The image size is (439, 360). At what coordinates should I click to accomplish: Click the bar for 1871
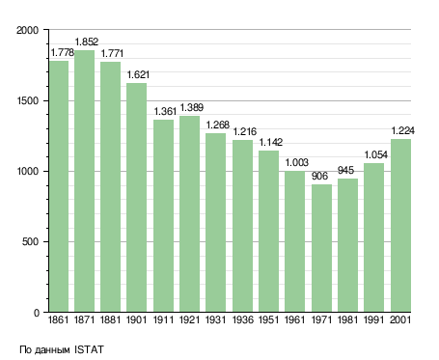point(85,181)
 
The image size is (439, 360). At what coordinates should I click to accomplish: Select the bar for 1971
point(321,248)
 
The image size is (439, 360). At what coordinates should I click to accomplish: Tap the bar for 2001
point(400,226)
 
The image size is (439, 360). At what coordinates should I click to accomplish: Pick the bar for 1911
point(163,216)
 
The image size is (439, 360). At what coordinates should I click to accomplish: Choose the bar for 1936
point(242,226)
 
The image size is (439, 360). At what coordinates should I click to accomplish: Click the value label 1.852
point(87,42)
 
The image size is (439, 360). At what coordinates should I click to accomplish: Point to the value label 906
point(319,176)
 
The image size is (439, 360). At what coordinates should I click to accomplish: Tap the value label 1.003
point(296,162)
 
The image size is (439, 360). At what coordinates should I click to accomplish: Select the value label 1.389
point(192,107)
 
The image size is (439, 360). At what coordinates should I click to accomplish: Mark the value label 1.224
point(402,130)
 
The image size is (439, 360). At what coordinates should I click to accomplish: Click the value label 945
point(345,170)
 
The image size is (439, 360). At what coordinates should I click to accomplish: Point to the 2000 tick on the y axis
point(27,30)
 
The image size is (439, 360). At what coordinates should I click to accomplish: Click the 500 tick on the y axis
point(30,242)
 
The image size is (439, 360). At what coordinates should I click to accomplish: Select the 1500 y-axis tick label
point(27,100)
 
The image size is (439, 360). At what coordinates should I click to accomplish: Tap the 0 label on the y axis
point(37,313)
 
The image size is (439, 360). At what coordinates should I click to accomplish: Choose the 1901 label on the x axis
point(136,319)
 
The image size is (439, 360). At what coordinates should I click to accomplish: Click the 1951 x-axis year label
point(268,319)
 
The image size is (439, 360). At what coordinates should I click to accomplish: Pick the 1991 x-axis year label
point(373,319)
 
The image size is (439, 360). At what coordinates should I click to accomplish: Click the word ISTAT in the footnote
point(89,349)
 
